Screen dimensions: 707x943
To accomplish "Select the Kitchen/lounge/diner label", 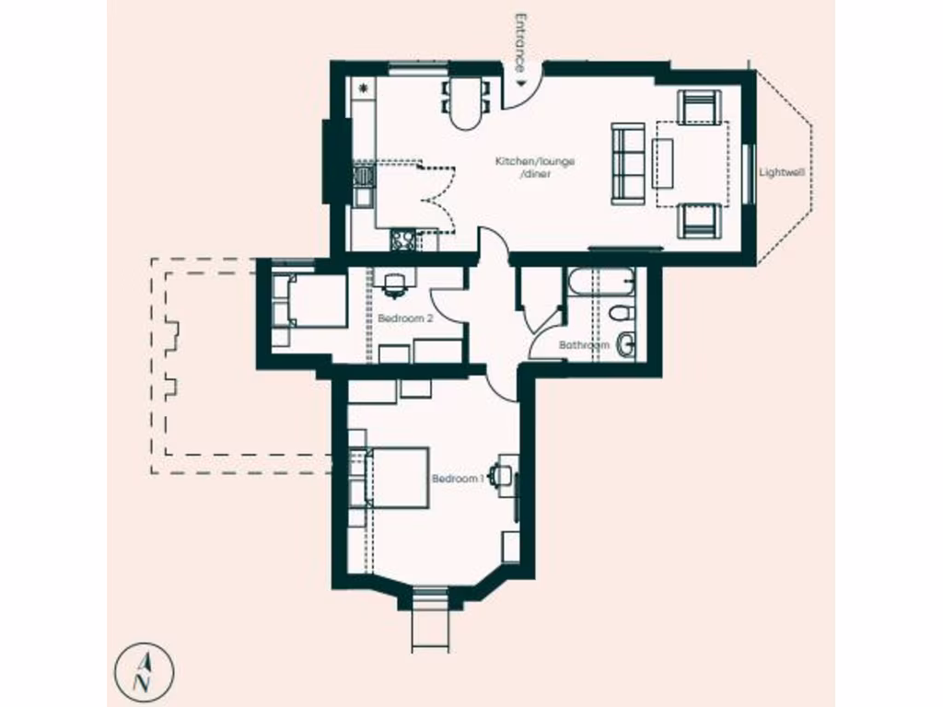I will point(535,167).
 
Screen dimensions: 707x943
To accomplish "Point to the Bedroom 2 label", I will point(405,318).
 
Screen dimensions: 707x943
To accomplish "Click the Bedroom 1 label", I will point(458,479).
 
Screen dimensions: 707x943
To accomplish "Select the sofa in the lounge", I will point(628,164).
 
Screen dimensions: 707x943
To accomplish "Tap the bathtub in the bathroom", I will point(600,281).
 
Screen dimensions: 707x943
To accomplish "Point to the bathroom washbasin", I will point(626,344).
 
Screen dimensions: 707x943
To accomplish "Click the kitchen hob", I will point(403,241).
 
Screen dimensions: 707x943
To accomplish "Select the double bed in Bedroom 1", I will point(396,477).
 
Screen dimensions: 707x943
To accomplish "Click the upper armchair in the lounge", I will point(698,107).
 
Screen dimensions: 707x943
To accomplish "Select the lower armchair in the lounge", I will point(698,220).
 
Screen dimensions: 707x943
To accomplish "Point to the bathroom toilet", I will point(622,312).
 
